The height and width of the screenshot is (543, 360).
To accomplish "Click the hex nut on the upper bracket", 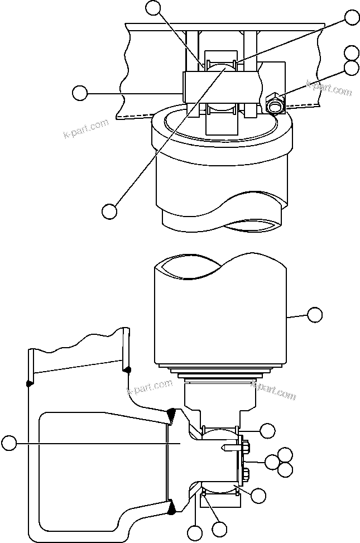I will [x=275, y=104].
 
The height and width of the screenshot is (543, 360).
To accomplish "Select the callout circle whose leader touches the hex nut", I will [x=351, y=68].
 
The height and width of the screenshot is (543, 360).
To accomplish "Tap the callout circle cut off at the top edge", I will [x=152, y=7].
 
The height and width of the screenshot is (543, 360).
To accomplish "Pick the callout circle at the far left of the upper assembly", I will [x=80, y=93].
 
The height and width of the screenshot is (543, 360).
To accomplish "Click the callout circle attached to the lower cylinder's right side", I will [x=315, y=315].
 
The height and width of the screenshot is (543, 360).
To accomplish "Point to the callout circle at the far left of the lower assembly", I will [x=9, y=444].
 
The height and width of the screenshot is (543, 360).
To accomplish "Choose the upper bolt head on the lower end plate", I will [x=246, y=446].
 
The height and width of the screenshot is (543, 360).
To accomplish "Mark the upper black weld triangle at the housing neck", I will [x=171, y=415].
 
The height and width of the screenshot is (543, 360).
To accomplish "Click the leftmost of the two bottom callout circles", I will [x=195, y=532].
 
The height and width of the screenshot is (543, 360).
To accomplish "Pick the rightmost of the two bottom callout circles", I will [x=219, y=528].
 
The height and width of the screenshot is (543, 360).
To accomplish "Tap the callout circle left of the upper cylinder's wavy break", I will [x=109, y=211].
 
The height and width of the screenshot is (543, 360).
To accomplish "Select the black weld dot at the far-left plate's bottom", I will [x=28, y=383].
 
